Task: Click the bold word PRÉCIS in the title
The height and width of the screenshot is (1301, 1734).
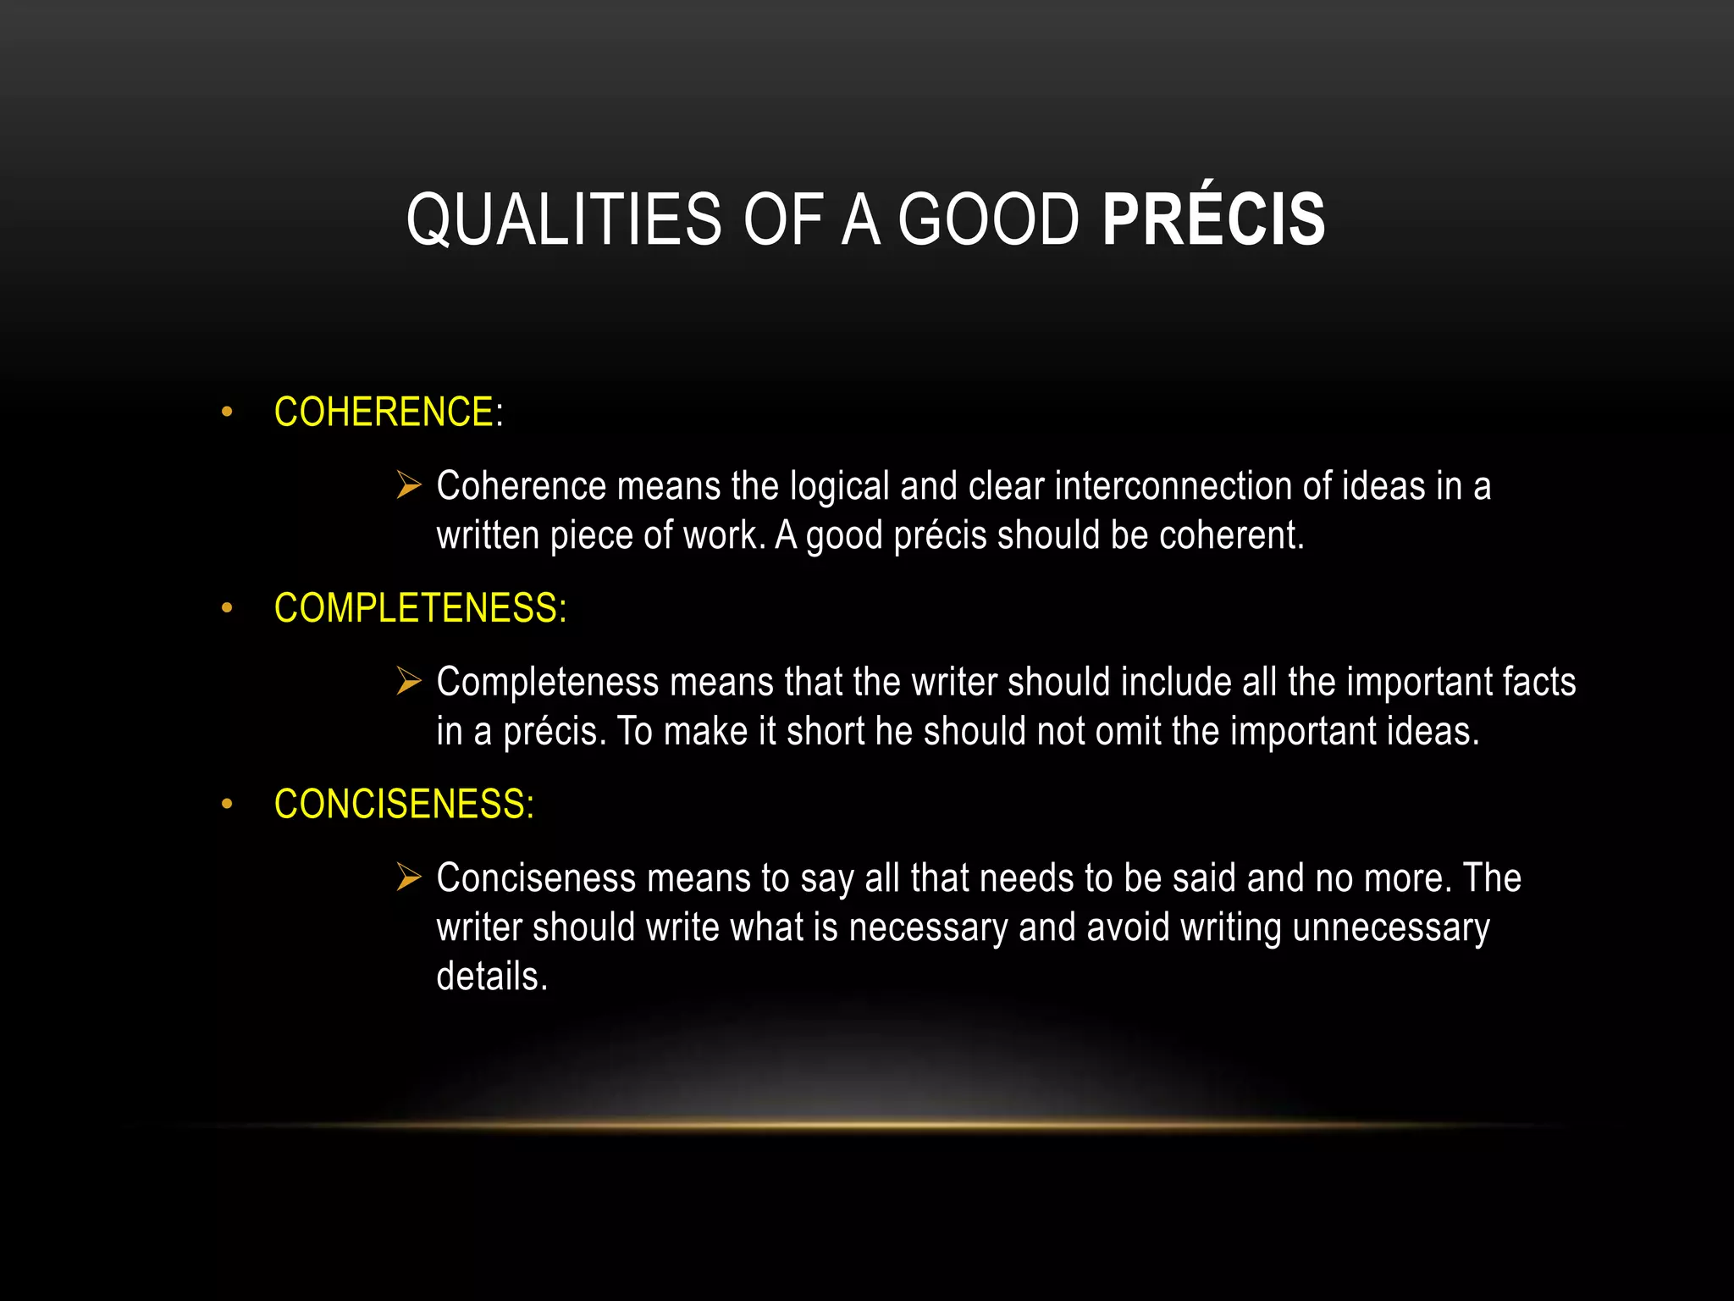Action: click(1213, 219)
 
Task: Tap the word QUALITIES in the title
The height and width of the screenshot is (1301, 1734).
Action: click(564, 219)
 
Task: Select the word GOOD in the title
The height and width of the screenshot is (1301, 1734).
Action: click(988, 219)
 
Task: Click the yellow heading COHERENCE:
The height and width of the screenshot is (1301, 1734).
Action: click(389, 412)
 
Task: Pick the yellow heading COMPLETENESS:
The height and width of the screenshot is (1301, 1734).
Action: click(420, 608)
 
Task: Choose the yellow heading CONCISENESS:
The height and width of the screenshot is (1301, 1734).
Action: click(404, 804)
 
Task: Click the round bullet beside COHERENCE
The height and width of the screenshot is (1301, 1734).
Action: click(226, 413)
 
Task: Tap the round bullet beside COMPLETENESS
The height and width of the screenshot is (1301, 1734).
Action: click(226, 609)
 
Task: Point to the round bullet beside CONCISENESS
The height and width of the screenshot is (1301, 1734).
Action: click(226, 805)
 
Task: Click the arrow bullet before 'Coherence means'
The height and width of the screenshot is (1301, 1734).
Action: click(409, 485)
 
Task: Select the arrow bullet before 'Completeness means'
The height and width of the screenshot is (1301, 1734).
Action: click(409, 681)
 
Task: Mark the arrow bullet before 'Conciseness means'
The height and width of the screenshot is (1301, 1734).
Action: click(409, 877)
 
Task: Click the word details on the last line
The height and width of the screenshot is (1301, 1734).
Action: click(491, 977)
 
